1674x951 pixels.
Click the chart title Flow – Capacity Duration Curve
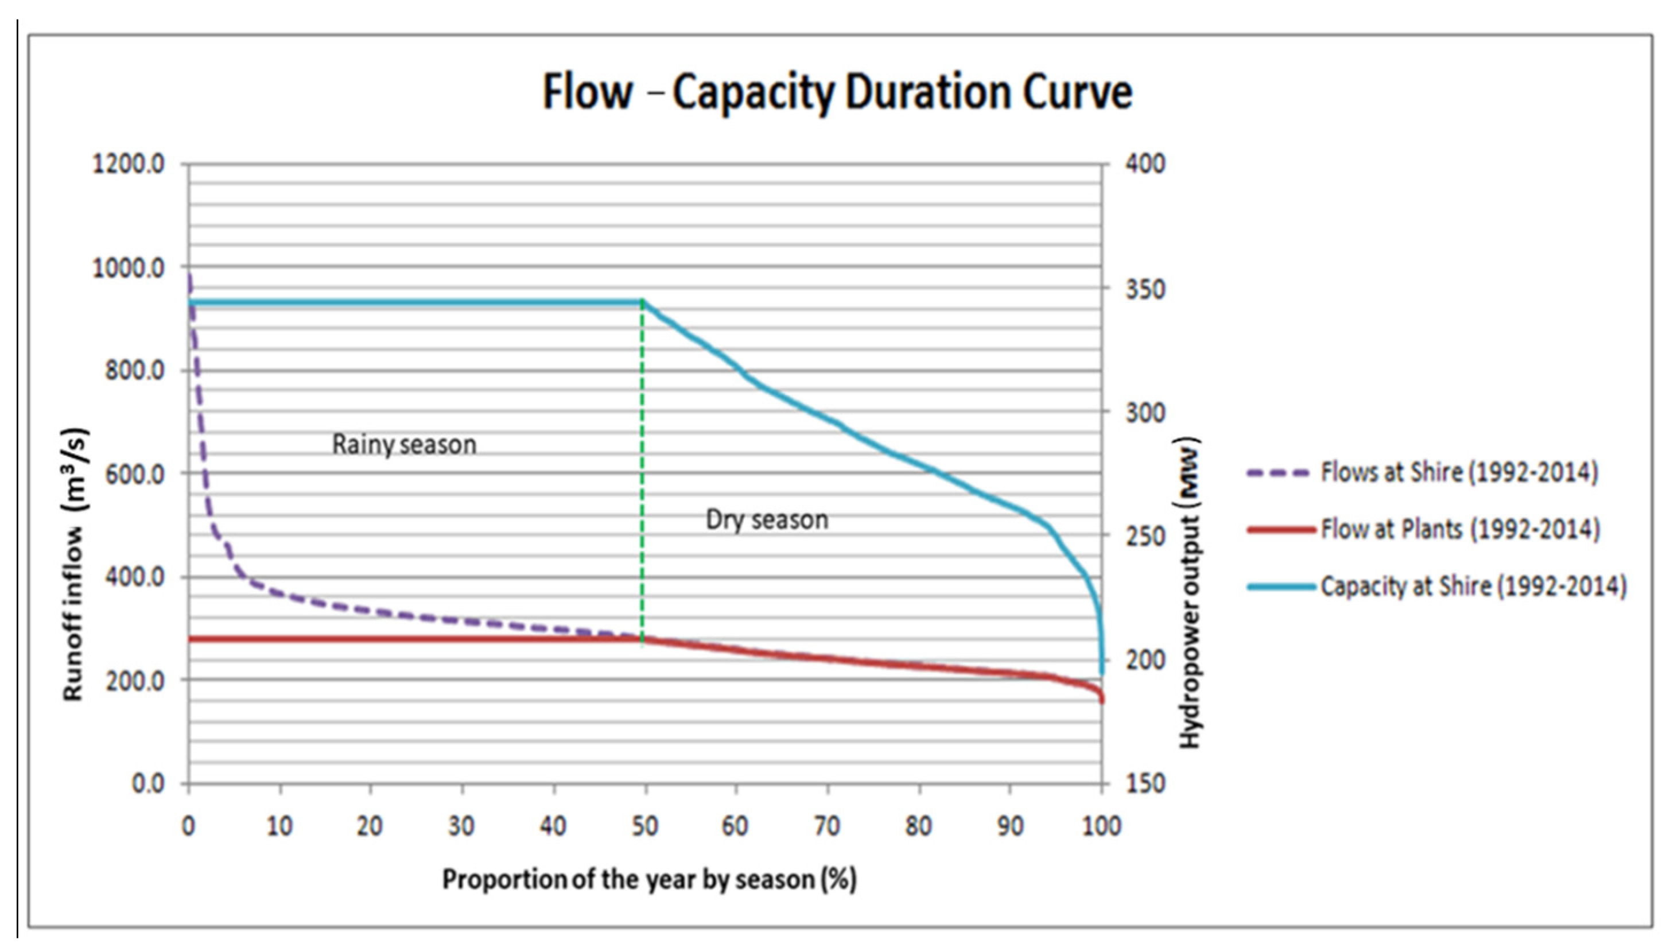[x=837, y=92]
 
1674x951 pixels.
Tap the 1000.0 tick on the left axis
[x=129, y=269]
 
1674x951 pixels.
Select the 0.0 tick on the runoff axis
[x=147, y=783]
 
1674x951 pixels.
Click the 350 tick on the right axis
[x=1145, y=289]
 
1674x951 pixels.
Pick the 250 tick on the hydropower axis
[x=1145, y=536]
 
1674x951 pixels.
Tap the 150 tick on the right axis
[x=1145, y=783]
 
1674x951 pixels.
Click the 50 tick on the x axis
[x=644, y=827]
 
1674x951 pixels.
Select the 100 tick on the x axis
[x=1101, y=827]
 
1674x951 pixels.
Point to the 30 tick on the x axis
[x=461, y=827]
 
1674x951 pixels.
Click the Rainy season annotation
[x=404, y=445]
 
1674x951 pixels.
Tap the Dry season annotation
[x=767, y=520]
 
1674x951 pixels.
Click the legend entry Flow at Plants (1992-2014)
[x=1460, y=529]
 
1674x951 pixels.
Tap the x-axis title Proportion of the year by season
[x=649, y=880]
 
